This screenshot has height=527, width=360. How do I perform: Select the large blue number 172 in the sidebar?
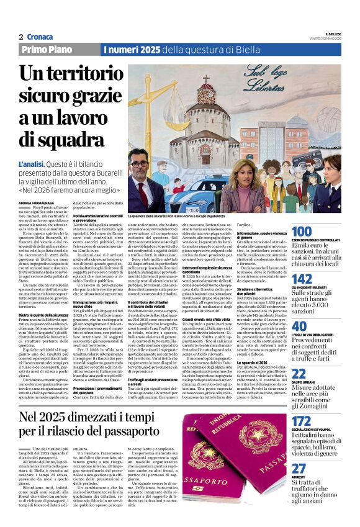(x=301, y=423)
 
